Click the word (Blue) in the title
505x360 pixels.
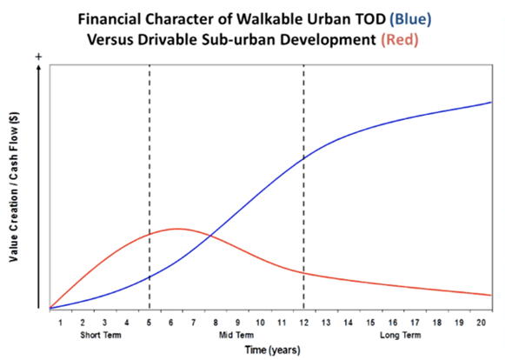point(410,20)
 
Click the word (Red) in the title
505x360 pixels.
point(400,40)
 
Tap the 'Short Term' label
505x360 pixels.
point(101,335)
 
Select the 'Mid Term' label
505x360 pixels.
point(236,335)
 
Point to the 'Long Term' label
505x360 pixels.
point(401,335)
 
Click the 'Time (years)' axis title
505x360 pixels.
point(272,350)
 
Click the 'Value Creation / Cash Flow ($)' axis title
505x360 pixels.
point(14,187)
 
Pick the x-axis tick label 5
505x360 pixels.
point(149,323)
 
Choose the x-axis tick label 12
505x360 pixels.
point(303,323)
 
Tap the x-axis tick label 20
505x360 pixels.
point(481,323)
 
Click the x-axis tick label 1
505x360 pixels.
point(60,323)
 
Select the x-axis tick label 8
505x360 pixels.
point(216,323)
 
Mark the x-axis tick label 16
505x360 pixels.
point(392,323)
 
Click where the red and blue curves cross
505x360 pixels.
point(210,236)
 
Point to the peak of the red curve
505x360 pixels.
point(177,229)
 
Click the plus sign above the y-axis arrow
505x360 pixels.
point(38,57)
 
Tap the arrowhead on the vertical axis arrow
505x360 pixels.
point(38,67)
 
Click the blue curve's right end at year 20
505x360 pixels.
point(491,102)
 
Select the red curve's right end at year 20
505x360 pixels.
point(491,296)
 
